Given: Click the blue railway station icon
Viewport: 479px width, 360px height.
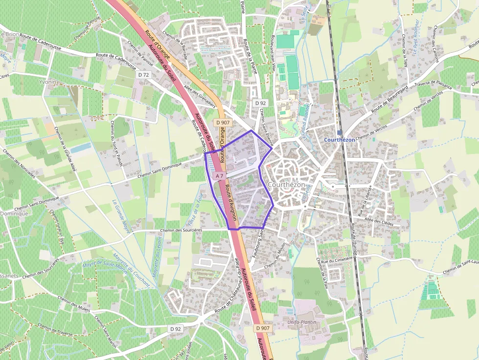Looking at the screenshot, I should [x=340, y=132].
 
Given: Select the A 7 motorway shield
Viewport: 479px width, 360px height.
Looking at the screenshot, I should [x=219, y=175].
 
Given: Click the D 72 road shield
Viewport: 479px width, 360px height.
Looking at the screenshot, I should [x=143, y=75].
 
